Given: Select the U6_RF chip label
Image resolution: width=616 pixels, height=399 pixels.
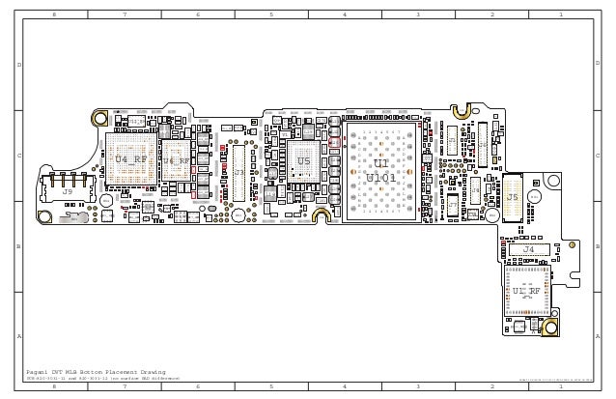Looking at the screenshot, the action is (176, 161).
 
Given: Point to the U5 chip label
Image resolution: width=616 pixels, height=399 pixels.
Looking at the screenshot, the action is (303, 161).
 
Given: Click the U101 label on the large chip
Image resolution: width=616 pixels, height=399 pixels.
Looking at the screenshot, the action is (380, 178).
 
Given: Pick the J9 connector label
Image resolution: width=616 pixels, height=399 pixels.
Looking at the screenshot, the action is (67, 192).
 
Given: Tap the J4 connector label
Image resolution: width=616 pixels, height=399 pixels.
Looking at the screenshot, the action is (527, 249).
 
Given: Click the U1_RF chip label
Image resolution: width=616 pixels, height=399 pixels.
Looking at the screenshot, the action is (526, 290).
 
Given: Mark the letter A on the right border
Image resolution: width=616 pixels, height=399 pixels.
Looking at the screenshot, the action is (599, 335).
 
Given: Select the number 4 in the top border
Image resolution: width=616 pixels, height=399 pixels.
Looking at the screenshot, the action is (344, 15).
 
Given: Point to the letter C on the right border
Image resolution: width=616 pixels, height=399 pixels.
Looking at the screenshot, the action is (599, 156).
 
